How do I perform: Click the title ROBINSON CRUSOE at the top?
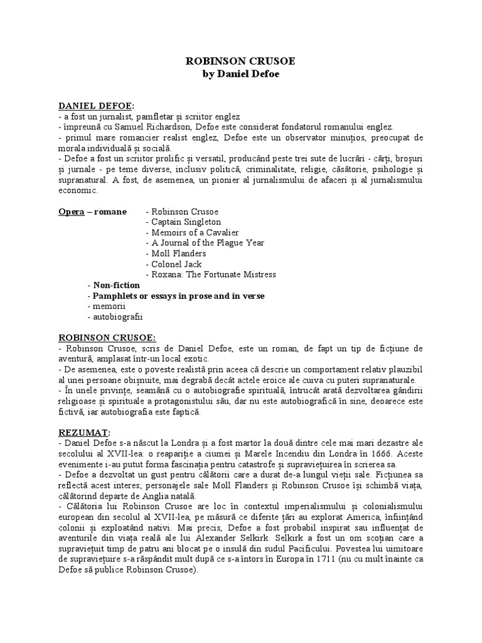[x=241, y=62]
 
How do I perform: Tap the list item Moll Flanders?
[x=176, y=254]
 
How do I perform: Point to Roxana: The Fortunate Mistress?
[x=210, y=275]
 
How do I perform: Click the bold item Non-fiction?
[x=114, y=285]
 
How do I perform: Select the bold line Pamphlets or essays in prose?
[x=176, y=296]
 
